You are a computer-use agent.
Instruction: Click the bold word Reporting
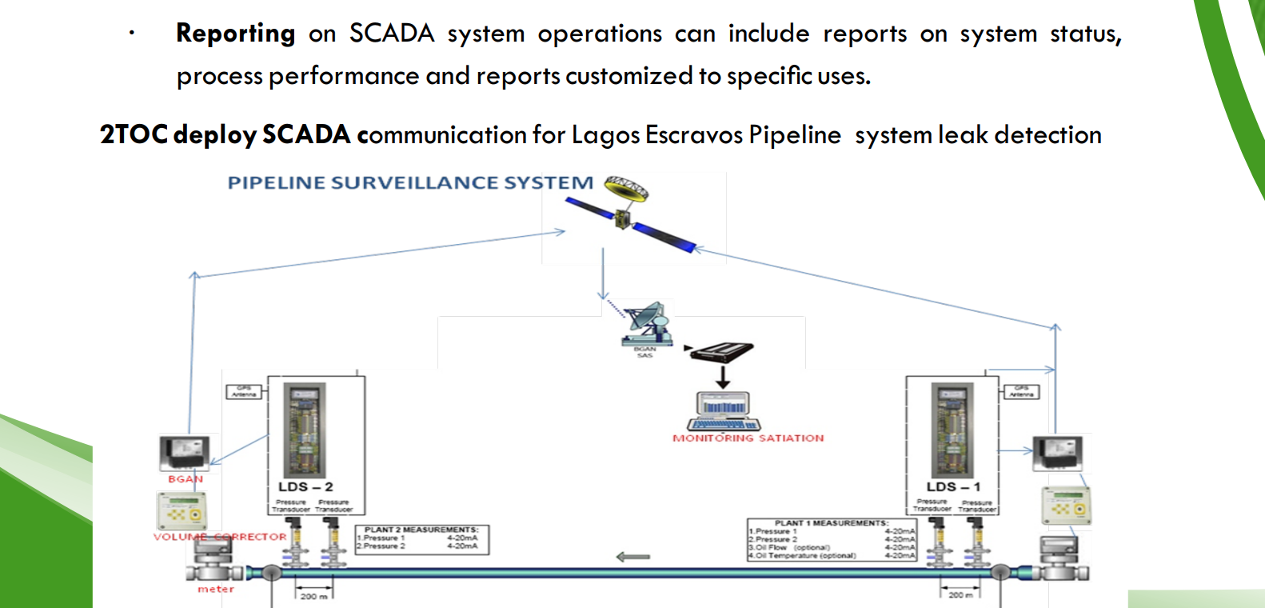click(x=235, y=34)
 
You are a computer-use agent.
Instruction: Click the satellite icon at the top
click(x=629, y=213)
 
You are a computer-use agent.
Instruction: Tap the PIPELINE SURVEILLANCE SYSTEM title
click(x=410, y=183)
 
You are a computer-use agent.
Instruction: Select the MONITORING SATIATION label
click(x=748, y=438)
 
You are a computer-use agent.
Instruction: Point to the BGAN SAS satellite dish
click(x=646, y=324)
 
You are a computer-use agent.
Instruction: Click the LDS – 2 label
click(x=305, y=486)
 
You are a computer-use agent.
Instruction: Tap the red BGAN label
click(x=186, y=479)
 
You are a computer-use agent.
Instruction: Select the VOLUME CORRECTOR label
click(x=220, y=537)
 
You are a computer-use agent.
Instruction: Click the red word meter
click(x=216, y=589)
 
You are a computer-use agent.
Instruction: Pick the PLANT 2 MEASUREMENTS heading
click(x=421, y=530)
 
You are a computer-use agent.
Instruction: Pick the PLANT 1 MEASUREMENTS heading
click(x=831, y=523)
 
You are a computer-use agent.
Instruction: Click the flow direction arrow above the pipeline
click(x=633, y=557)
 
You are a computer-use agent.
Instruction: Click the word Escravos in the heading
click(x=693, y=135)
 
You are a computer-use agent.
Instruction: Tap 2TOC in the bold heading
click(x=134, y=135)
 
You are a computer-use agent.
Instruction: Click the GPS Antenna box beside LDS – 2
click(x=244, y=392)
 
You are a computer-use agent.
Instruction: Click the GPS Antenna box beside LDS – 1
click(x=1021, y=391)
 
